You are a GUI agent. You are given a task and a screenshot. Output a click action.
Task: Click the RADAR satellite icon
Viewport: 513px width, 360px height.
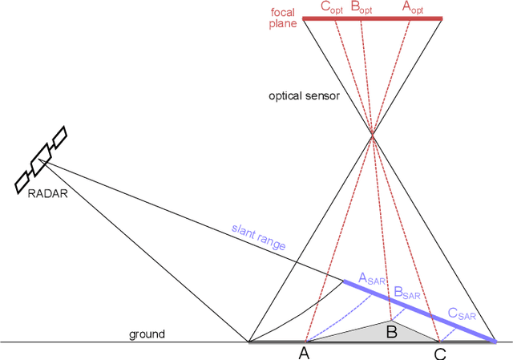click(41, 160)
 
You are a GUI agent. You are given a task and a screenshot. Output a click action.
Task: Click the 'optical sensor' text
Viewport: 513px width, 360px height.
click(305, 96)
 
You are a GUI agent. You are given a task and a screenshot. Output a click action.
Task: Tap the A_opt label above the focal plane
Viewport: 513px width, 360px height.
click(415, 7)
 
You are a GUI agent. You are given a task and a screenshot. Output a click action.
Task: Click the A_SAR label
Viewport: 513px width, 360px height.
click(372, 279)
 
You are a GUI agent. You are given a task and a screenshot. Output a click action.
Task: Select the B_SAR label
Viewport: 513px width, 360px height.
click(408, 293)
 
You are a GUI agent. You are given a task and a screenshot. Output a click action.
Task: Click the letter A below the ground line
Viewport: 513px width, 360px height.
click(304, 353)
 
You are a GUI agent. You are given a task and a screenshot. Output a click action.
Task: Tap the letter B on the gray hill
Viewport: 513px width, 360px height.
click(392, 331)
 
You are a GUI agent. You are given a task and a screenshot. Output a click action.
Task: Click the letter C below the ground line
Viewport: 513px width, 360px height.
click(440, 353)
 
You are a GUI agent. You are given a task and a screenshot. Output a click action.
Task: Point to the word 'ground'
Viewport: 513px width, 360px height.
click(147, 334)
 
